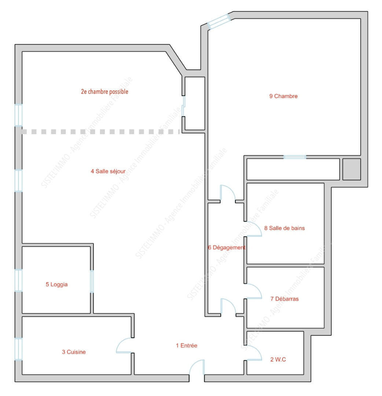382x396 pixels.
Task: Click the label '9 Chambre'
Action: (x=283, y=96)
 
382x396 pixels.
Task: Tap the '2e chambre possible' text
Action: (x=104, y=91)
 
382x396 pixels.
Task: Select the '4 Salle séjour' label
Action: (x=108, y=171)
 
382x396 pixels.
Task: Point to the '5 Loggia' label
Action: (x=56, y=285)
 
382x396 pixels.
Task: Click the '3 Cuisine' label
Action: (x=74, y=352)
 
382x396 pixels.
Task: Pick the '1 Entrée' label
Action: (x=187, y=345)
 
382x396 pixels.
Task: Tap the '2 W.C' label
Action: (x=278, y=359)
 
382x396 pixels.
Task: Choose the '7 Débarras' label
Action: (x=284, y=299)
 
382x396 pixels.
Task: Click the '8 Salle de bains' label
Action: (x=284, y=228)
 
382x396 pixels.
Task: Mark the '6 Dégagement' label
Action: (x=227, y=247)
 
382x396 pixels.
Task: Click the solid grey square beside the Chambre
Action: (x=352, y=169)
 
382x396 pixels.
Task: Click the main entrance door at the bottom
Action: (x=196, y=367)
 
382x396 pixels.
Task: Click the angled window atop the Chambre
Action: (x=219, y=22)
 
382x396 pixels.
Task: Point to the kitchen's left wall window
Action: (x=18, y=349)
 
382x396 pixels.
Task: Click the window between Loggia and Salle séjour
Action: (x=92, y=282)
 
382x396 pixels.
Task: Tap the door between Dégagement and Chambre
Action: (x=228, y=193)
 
